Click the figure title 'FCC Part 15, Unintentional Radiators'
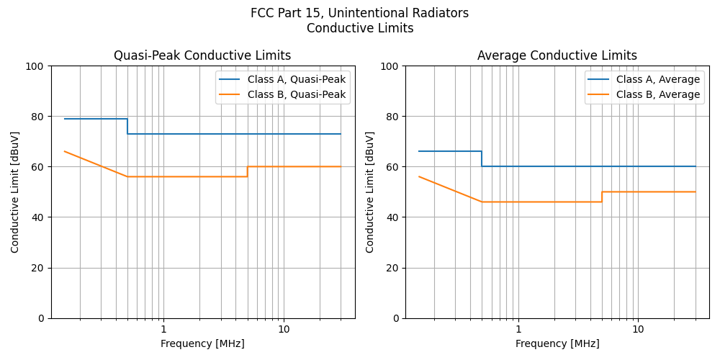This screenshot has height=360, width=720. [359, 13]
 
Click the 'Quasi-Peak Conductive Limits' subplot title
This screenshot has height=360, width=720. [202, 55]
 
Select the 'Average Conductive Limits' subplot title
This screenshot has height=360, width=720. [557, 55]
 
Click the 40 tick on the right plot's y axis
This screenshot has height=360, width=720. [394, 217]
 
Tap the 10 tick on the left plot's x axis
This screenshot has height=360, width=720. [284, 329]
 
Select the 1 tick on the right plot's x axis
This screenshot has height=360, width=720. [518, 329]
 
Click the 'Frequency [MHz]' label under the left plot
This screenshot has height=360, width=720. [202, 343]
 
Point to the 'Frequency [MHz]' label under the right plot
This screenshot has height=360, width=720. [557, 343]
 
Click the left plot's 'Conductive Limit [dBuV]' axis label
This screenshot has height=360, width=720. [15, 192]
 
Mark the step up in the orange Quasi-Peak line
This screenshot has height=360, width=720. [247, 171]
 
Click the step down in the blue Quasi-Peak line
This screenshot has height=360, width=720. [127, 126]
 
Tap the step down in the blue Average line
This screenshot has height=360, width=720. [482, 159]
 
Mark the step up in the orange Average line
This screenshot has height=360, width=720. [602, 197]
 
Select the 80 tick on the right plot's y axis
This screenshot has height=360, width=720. [394, 117]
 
